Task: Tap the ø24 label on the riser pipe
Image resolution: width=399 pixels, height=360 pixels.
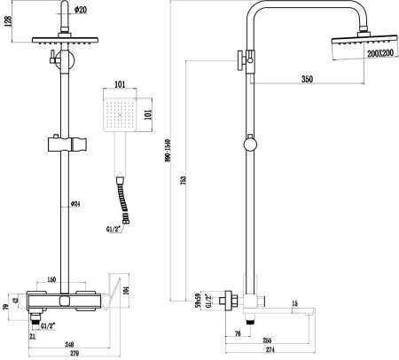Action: (76, 204)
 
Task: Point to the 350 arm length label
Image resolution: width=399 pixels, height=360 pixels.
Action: (307, 80)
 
